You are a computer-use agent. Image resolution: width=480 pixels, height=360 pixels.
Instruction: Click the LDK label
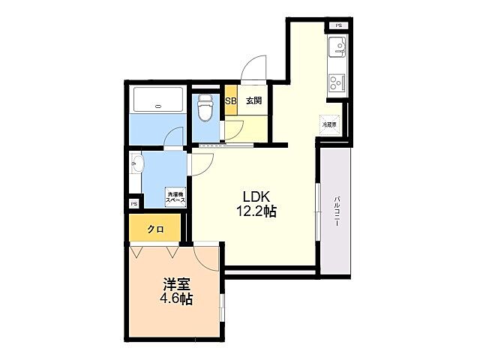(x=254, y=197)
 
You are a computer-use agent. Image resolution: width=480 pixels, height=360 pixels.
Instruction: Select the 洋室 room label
(x=176, y=285)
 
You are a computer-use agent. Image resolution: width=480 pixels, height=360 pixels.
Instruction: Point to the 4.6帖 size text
(x=176, y=299)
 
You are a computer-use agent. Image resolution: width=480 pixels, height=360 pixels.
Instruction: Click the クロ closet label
(x=155, y=229)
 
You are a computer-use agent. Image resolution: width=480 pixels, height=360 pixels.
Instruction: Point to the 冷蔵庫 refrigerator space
(x=329, y=124)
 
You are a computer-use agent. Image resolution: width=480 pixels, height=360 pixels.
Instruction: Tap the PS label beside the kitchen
(x=337, y=26)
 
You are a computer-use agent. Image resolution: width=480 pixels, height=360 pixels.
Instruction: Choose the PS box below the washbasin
(x=134, y=203)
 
